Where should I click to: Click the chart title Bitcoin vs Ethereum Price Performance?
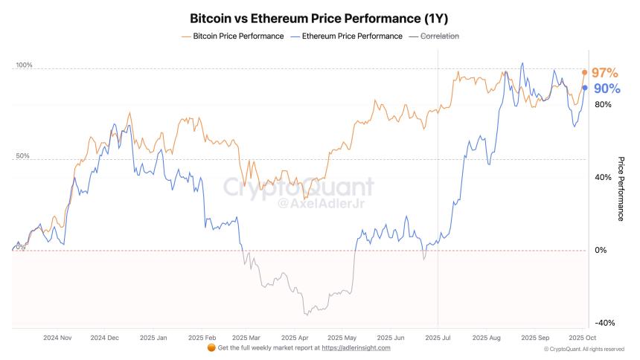tap(319, 17)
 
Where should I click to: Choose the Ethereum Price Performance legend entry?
tap(348, 36)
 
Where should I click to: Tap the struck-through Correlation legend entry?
tap(435, 36)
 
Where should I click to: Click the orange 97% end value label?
tap(605, 73)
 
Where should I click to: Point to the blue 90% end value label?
tap(606, 89)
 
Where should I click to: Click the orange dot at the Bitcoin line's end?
tap(585, 72)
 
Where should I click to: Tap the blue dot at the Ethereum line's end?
tap(585, 88)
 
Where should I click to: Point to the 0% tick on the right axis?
tap(601, 251)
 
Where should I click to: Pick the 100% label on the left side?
tap(25, 66)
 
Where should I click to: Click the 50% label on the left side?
tap(23, 157)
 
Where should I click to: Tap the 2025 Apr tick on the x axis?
tap(294, 336)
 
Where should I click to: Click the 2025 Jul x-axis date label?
tap(438, 336)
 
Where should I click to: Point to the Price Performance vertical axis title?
tap(621, 189)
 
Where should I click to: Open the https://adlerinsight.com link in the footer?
tap(356, 347)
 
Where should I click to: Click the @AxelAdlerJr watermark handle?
tap(312, 203)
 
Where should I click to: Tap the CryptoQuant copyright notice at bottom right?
tap(583, 349)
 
